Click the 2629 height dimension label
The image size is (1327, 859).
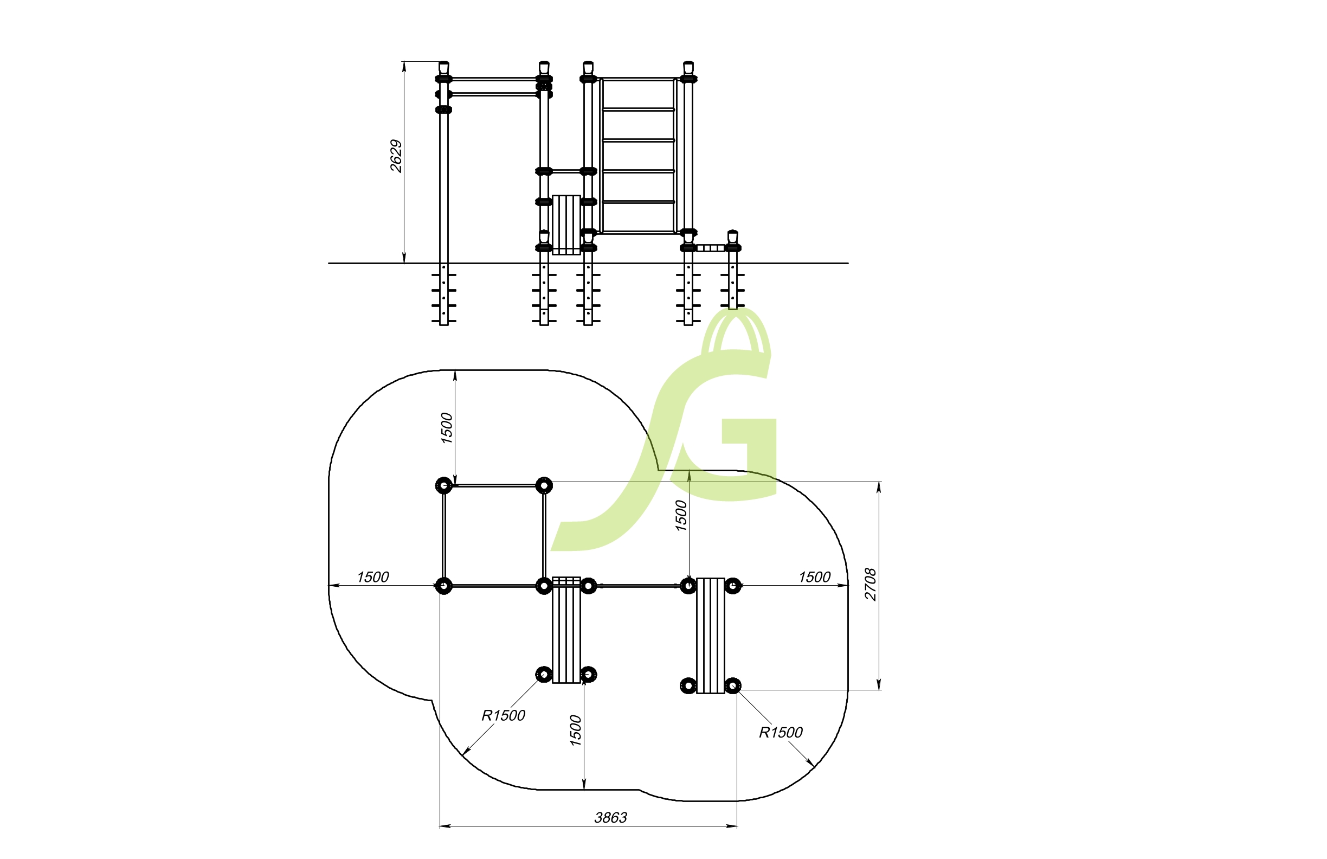click(x=396, y=156)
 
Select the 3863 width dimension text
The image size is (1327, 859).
click(x=610, y=818)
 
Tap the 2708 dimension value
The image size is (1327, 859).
click(x=871, y=584)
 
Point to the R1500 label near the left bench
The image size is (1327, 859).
click(x=504, y=716)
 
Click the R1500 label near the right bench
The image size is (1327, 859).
click(x=781, y=733)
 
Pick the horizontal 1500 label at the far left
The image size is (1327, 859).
click(x=372, y=577)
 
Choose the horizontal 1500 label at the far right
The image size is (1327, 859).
click(x=815, y=577)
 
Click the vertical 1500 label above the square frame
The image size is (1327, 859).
click(x=447, y=428)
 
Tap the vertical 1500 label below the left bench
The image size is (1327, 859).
click(x=575, y=730)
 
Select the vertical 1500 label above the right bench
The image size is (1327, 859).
click(x=681, y=515)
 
